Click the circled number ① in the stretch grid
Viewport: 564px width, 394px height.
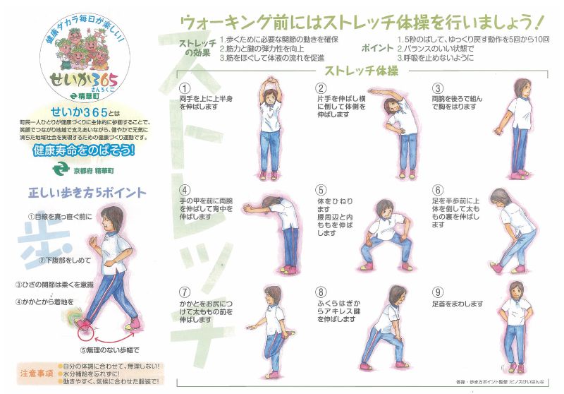184,88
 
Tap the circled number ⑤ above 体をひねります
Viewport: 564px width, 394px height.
321,189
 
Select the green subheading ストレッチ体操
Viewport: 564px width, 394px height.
362,71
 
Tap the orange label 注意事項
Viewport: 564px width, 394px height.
36,372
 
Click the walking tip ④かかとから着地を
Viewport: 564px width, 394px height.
45,302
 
